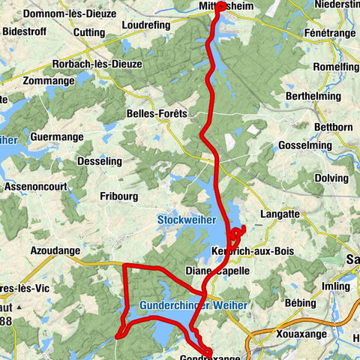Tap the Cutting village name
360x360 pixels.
89,33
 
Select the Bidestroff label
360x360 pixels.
26,34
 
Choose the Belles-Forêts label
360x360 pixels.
159,112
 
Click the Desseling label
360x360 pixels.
100,160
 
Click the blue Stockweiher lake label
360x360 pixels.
186,220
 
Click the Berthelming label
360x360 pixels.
315,97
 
